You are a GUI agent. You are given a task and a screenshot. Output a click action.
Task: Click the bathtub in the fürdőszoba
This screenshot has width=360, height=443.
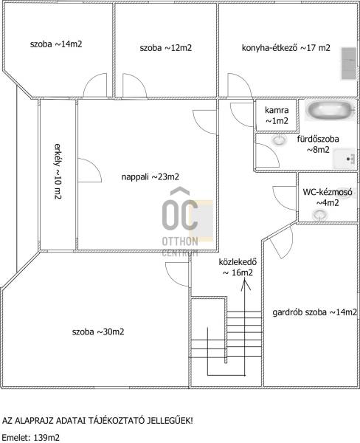[x=330, y=110]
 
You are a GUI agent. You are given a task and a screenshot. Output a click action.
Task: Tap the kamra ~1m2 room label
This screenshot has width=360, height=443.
[x=277, y=115]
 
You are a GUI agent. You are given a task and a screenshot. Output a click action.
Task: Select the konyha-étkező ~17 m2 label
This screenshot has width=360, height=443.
[x=285, y=48]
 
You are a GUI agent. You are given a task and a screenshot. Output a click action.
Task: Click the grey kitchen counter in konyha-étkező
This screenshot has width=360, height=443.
[x=349, y=63]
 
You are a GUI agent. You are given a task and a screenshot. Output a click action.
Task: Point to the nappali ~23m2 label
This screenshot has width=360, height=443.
[x=150, y=177]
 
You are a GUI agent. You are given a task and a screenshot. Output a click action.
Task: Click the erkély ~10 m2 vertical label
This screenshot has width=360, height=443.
[x=58, y=171]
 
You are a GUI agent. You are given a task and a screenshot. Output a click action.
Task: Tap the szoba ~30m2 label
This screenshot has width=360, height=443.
[x=98, y=332]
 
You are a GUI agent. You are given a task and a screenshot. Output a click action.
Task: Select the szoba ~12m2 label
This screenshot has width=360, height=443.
[x=166, y=48]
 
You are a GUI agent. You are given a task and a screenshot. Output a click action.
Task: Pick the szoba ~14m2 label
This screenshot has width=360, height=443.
[x=56, y=44]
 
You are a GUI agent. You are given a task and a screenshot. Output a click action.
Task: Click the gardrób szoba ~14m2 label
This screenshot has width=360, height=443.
[x=314, y=312]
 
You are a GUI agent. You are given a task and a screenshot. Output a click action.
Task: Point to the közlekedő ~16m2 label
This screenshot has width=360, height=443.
[x=238, y=267]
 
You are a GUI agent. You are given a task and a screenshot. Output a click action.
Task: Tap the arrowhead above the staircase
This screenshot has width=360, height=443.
[x=246, y=284]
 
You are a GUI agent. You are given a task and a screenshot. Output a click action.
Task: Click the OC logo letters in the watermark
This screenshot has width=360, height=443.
[x=180, y=214]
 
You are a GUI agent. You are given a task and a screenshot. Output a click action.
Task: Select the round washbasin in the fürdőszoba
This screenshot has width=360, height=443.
[x=280, y=140]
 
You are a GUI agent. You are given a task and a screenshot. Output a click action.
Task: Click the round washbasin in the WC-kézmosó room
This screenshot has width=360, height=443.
[x=319, y=215]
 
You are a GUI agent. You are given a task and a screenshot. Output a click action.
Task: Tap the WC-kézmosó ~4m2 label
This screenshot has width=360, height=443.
[x=328, y=197]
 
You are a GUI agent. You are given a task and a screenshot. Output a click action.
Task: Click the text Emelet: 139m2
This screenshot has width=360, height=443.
[x=31, y=438]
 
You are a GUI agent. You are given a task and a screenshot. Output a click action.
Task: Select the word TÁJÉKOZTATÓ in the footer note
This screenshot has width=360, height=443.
[x=117, y=421]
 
